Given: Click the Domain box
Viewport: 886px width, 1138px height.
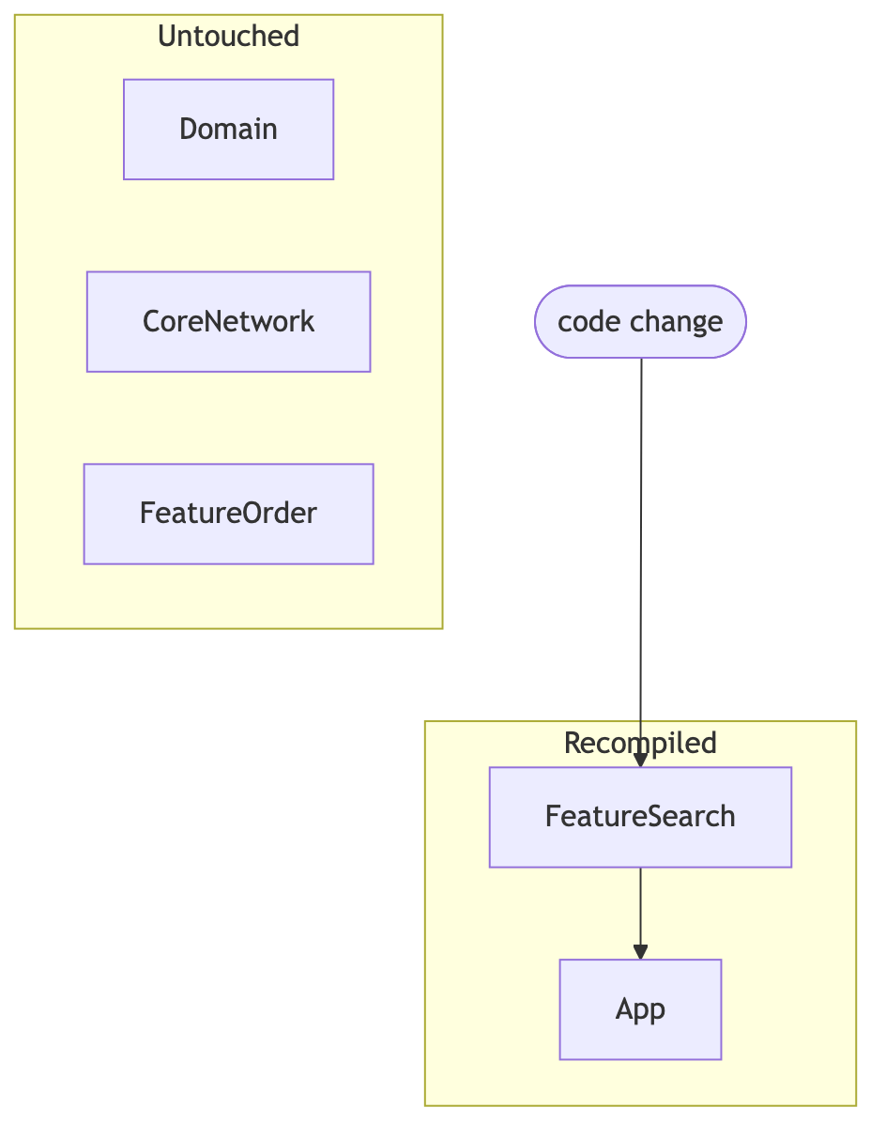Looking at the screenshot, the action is click(228, 130).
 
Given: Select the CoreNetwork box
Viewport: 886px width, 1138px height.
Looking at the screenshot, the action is click(228, 321).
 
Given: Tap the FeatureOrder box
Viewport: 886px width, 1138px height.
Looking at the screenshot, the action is click(228, 514).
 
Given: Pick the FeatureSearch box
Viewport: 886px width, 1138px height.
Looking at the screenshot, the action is click(640, 818).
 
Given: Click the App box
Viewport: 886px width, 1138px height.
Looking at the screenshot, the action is click(640, 1009).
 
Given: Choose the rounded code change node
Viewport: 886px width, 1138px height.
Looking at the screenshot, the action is click(640, 321).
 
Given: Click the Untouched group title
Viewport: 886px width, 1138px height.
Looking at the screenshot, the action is click(228, 36).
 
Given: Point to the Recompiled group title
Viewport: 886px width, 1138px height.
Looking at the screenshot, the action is click(640, 743).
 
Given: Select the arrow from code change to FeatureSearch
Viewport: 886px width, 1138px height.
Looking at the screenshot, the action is click(640, 563).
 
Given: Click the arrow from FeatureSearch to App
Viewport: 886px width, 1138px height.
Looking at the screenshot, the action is click(640, 914).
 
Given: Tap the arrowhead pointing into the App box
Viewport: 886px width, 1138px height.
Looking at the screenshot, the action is click(640, 952).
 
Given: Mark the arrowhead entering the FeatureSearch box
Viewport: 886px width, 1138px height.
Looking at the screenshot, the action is click(640, 760).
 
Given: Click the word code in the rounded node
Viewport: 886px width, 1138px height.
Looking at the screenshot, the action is click(589, 321).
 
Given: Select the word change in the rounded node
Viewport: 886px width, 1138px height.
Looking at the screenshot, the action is click(676, 323).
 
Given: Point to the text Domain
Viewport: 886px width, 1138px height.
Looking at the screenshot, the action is click(228, 130).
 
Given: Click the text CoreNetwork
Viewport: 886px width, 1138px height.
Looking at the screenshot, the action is click(228, 321).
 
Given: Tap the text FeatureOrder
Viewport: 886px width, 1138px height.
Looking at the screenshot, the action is click(228, 514).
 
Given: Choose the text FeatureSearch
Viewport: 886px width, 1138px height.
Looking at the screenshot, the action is click(640, 817).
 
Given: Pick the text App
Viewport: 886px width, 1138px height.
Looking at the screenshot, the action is click(640, 1010).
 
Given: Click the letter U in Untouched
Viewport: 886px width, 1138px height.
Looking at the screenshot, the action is click(167, 37).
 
